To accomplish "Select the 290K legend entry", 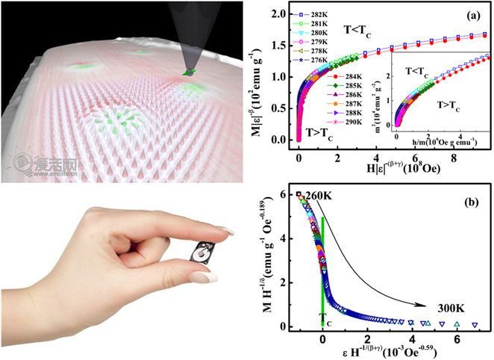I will pyautogui.click(x=322, y=121).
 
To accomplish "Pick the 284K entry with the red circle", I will pyautogui.click(x=323, y=76).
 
